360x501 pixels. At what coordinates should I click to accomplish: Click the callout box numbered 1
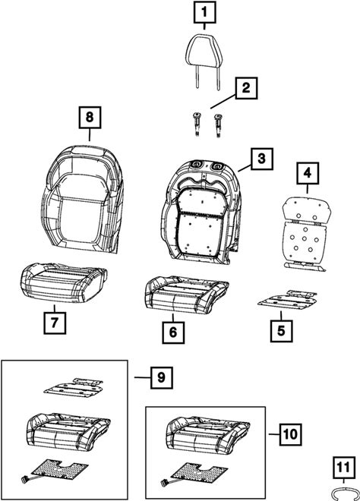(204, 12)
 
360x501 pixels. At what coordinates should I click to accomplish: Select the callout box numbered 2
(247, 88)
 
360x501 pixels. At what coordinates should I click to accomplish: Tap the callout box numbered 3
(262, 159)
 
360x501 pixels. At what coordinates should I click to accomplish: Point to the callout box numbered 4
(308, 173)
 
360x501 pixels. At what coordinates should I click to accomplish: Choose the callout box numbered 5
(281, 331)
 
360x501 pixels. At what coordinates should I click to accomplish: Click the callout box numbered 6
(173, 332)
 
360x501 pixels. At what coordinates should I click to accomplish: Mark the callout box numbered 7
(55, 323)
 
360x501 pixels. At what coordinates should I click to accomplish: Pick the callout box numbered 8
(90, 118)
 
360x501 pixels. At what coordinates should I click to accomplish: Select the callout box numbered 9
(162, 378)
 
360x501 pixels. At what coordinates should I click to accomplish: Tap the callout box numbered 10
(290, 434)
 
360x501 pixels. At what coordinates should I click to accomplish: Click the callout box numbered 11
(344, 468)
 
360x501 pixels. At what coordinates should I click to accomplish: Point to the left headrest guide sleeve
(196, 124)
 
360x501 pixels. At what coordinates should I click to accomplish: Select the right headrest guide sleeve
(218, 125)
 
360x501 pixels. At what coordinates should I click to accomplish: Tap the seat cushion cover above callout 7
(63, 282)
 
